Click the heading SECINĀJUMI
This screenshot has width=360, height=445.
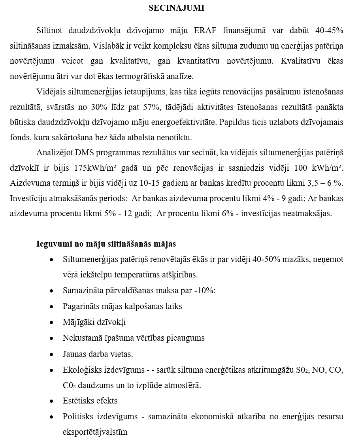point(176,8)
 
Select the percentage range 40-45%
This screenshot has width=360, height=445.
point(329,30)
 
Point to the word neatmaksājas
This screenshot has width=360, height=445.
point(310,214)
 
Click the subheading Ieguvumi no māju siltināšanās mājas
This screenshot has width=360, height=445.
point(106,244)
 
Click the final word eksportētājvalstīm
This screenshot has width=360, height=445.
point(95,432)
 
